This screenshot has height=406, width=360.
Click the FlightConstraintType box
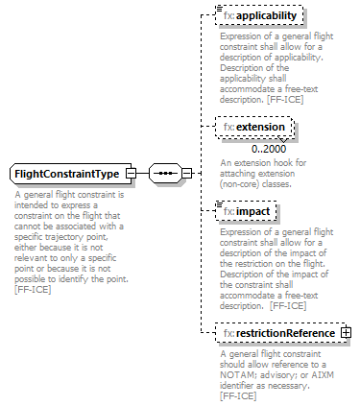65,174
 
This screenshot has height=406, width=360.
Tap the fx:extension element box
254,127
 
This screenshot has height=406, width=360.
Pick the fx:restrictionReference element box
278,332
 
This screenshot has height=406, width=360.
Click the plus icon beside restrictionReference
346,332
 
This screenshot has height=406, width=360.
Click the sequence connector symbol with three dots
166,174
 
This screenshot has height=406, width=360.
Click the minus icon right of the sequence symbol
187,174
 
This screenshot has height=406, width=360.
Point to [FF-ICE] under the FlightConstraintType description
35,289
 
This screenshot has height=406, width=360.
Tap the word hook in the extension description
286,163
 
